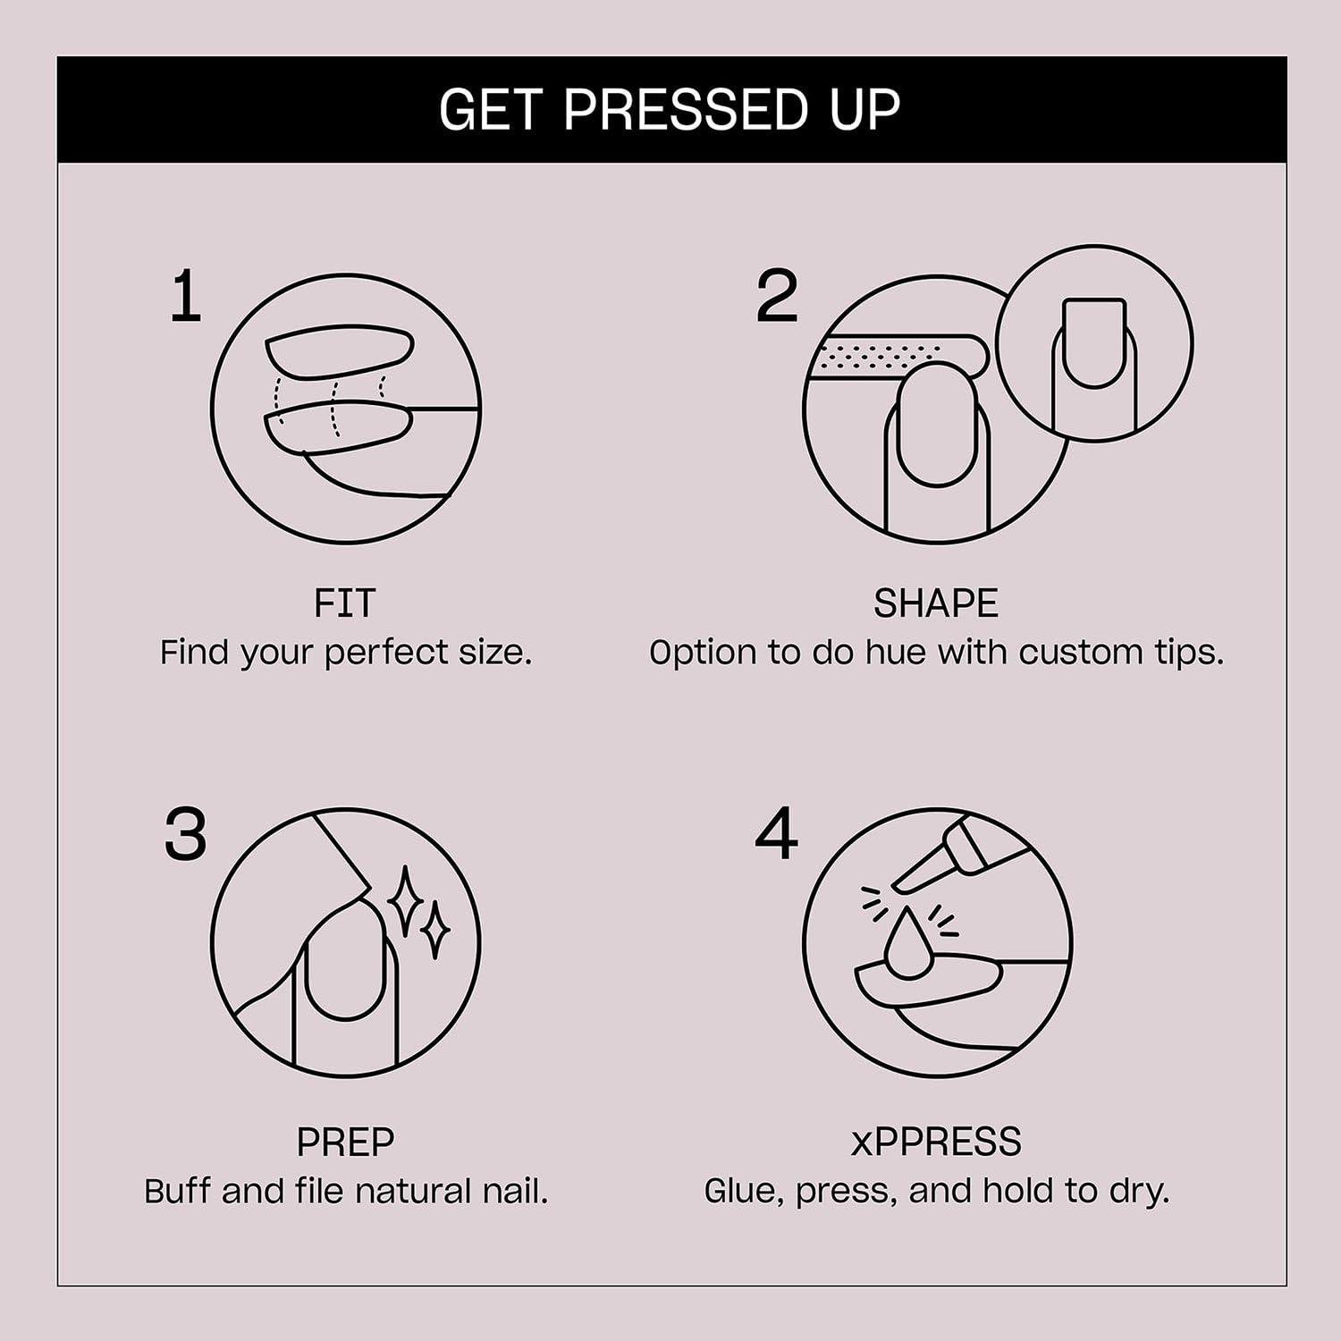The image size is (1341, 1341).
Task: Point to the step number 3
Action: coord(186,835)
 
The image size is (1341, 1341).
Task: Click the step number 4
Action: coord(776,835)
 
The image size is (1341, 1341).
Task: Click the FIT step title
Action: coord(345,603)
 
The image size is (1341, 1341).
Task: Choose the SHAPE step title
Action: coord(935,603)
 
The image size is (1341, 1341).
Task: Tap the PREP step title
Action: coord(345,1142)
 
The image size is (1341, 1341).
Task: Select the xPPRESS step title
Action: coord(935,1142)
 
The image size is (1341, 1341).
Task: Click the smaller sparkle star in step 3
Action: coord(435,930)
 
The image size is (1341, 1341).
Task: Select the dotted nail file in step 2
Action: coord(894,357)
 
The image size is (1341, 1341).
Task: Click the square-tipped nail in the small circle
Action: coord(1094,342)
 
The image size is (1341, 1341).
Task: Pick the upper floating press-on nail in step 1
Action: coord(340,350)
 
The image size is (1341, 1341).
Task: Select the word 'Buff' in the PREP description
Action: coord(180,1192)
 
